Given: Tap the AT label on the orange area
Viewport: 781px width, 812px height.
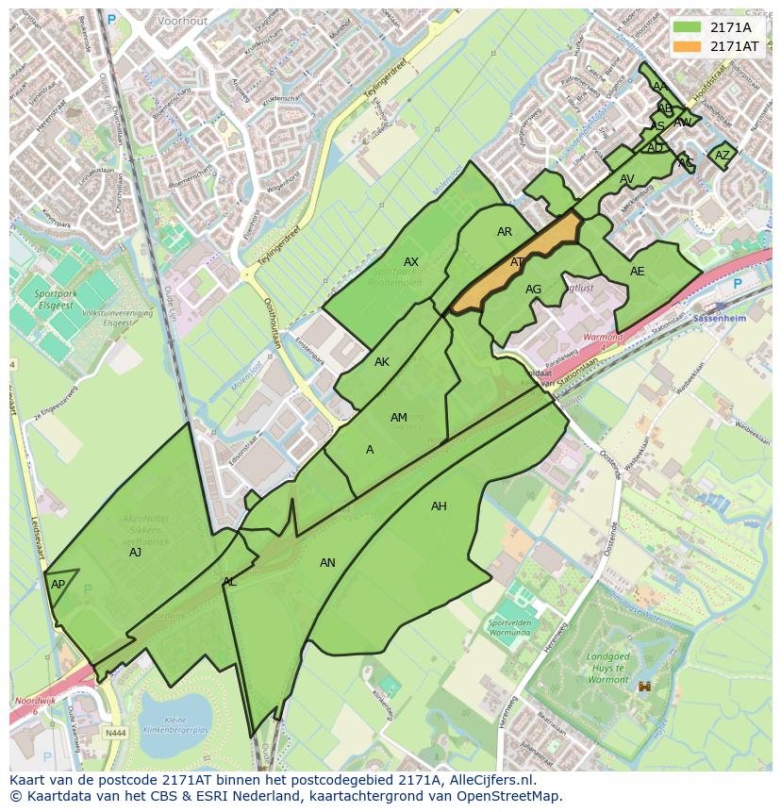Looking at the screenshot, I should pyautogui.click(x=517, y=262).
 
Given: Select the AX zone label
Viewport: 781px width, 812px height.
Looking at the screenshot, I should pyautogui.click(x=411, y=262).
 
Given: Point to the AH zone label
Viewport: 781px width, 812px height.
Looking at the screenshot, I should pyautogui.click(x=439, y=506).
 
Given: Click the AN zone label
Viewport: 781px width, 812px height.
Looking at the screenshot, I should pyautogui.click(x=327, y=563).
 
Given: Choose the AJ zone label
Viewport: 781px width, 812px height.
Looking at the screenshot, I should pyautogui.click(x=135, y=553).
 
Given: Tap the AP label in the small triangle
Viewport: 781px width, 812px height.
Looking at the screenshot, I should pyautogui.click(x=58, y=585).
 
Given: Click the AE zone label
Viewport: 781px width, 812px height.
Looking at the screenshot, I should pyautogui.click(x=638, y=272).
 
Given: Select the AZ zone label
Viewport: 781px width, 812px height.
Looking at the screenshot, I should pyautogui.click(x=723, y=156).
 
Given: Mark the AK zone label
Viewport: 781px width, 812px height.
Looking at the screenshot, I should pyautogui.click(x=382, y=362).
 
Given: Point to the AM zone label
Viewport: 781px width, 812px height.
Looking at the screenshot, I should pyautogui.click(x=399, y=418).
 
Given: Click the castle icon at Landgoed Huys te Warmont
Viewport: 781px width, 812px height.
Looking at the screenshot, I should pyautogui.click(x=646, y=687).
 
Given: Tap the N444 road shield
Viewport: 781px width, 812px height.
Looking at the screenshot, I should pyautogui.click(x=115, y=732).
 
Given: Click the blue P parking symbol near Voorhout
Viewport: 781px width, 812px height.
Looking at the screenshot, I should pyautogui.click(x=111, y=19).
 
